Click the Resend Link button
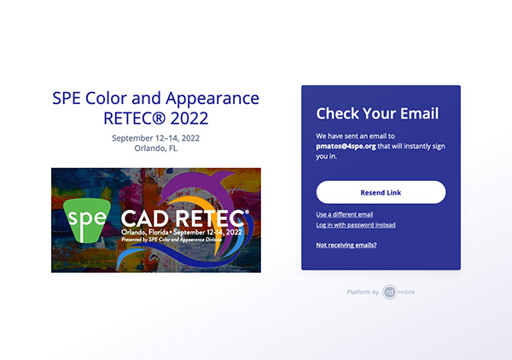(381, 192)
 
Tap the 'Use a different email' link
(345, 214)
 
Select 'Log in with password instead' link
(356, 225)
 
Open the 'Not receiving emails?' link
(346, 245)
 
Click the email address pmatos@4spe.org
(346, 146)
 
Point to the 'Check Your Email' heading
(377, 113)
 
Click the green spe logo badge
(87, 220)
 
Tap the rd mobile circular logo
(389, 292)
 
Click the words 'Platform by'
(363, 292)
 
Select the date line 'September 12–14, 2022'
(156, 138)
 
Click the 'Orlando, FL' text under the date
(156, 148)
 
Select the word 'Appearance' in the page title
(212, 99)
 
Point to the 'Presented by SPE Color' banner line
(172, 240)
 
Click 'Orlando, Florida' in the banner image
(145, 232)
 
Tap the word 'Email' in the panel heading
(419, 113)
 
